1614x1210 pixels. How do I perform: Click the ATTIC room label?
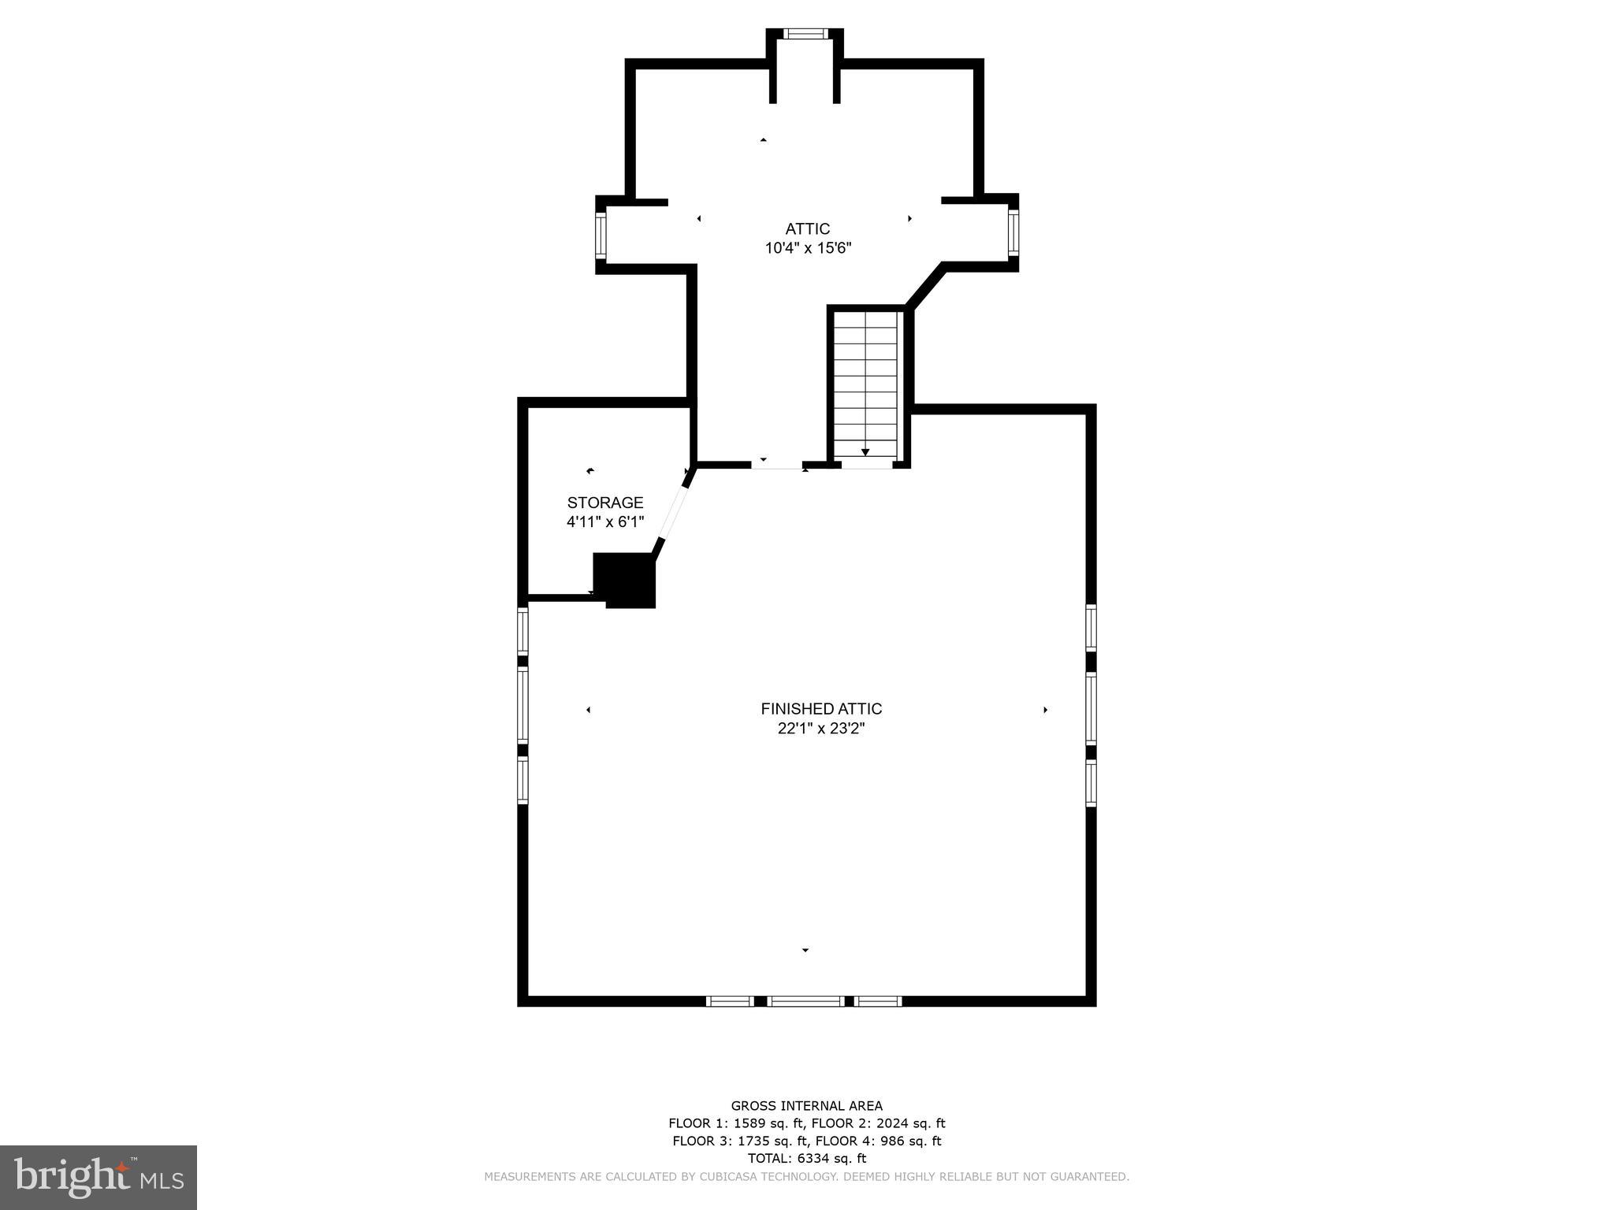807,229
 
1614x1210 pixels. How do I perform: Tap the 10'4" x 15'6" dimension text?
808,248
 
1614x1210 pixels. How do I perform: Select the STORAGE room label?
605,503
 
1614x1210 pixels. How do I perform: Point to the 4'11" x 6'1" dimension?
605,521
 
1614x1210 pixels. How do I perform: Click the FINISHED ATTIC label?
821,709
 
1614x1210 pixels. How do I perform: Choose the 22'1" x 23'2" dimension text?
821,729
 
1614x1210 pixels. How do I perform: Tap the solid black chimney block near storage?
625,580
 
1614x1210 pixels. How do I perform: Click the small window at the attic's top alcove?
805,34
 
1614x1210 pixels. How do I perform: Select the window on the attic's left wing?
600,235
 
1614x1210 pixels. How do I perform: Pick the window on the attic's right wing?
1013,232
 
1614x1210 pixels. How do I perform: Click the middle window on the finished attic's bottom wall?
805,1001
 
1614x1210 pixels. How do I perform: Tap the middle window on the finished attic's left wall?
523,705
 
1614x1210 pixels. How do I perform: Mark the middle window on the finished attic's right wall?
1091,707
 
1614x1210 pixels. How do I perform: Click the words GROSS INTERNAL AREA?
806,1106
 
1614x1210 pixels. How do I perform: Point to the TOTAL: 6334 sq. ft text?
806,1158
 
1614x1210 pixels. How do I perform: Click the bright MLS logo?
99,1177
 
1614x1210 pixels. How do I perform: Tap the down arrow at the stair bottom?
865,452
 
